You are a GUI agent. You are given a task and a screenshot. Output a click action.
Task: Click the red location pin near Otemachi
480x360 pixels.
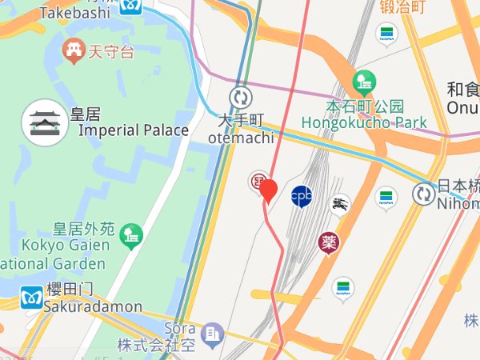[x=269, y=190]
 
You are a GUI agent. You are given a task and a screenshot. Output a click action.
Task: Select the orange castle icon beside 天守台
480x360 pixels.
[x=75, y=51]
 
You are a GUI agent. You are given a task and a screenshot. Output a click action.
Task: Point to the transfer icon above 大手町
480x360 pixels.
[x=240, y=98]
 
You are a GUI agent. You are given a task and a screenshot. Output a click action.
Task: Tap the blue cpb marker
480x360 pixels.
[x=302, y=195]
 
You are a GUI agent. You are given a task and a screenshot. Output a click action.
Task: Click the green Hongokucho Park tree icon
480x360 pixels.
[x=364, y=81]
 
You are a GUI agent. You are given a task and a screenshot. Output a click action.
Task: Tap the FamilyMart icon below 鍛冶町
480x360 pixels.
[x=386, y=34]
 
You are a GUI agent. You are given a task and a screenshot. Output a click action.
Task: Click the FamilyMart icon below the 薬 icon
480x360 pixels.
[x=343, y=287]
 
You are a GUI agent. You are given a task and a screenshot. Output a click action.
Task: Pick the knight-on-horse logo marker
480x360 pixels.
[x=340, y=204]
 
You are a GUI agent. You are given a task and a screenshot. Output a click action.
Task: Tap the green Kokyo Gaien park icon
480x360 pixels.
[x=130, y=234]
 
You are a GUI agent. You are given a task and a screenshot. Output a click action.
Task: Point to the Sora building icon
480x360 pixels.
[x=212, y=332]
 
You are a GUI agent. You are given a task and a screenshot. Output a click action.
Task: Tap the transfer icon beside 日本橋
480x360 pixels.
[x=423, y=193]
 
